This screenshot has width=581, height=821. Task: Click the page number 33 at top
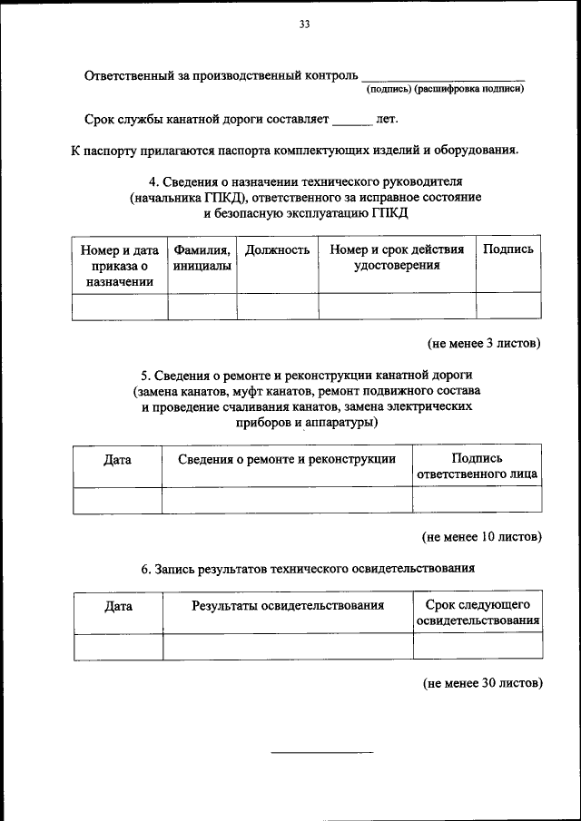(x=304, y=24)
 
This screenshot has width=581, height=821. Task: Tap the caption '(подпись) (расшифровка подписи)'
(x=445, y=89)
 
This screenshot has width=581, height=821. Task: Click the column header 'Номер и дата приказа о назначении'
(x=120, y=265)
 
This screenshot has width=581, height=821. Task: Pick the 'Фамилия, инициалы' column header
(x=202, y=258)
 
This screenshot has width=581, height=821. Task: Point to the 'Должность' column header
(x=278, y=249)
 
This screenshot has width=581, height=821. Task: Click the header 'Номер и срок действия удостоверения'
(x=398, y=258)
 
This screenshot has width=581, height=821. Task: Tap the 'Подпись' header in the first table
(x=508, y=249)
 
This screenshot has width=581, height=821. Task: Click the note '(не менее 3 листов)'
(x=485, y=344)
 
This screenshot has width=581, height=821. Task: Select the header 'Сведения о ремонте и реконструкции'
(x=287, y=459)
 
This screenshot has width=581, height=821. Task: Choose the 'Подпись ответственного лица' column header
(x=477, y=466)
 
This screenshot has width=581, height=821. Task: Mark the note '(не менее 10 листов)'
(x=482, y=536)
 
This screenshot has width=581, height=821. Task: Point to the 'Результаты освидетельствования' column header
(x=288, y=605)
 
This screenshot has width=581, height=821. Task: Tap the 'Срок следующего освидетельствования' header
(x=478, y=612)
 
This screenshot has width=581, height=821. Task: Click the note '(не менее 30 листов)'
(x=482, y=682)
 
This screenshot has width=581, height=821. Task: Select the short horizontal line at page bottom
(x=322, y=752)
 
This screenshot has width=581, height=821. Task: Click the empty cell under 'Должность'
(x=278, y=307)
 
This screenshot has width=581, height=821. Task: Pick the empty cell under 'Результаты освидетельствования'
(x=288, y=646)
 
